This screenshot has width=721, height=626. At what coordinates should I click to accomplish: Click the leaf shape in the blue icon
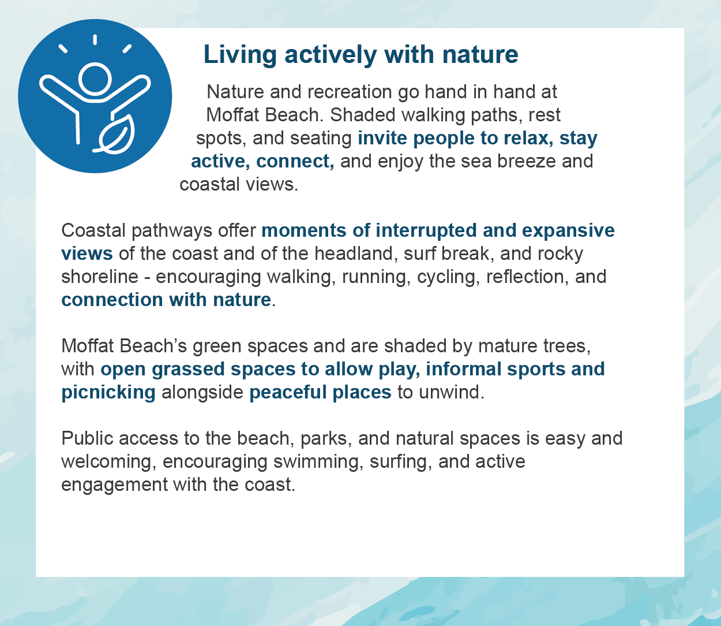117,135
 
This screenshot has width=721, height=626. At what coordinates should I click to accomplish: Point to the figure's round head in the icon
95,79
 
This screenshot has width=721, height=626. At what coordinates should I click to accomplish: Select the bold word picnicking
108,393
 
